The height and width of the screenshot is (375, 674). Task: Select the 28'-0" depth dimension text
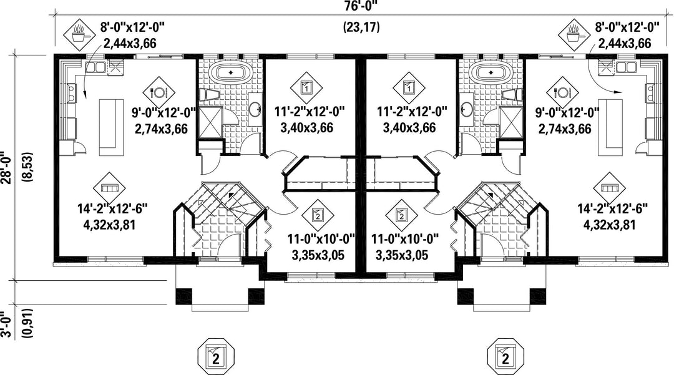pyautogui.click(x=5, y=167)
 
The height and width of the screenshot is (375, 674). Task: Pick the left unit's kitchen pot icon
pyautogui.click(x=79, y=34)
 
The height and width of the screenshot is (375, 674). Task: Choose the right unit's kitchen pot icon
pyautogui.click(x=575, y=34)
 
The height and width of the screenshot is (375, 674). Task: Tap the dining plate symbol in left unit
pyautogui.click(x=159, y=92)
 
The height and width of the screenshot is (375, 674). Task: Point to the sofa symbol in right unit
pyautogui.click(x=610, y=188)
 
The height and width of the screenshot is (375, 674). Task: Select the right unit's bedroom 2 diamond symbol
pyautogui.click(x=401, y=215)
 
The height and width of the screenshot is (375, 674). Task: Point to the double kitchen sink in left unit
pyautogui.click(x=95, y=67)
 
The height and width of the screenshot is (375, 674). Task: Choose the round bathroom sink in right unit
pyautogui.click(x=466, y=110)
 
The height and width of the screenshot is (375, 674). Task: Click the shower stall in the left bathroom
pyautogui.click(x=210, y=122)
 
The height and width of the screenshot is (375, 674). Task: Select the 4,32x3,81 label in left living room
pyautogui.click(x=109, y=225)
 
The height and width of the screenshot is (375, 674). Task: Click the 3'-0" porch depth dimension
pyautogui.click(x=5, y=324)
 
